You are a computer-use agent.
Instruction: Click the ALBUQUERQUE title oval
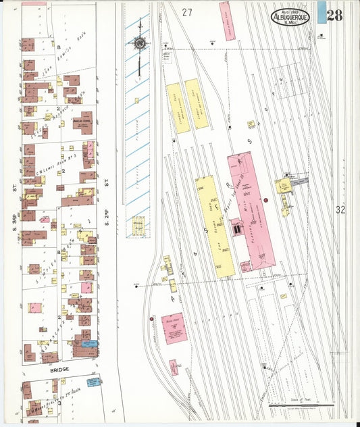click(x=290, y=17)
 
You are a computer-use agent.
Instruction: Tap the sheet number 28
click(x=334, y=14)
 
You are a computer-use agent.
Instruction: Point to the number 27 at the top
click(x=187, y=12)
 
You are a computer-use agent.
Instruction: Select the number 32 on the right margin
click(x=340, y=210)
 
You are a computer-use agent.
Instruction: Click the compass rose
click(x=140, y=44)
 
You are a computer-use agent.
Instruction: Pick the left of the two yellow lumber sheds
click(x=174, y=108)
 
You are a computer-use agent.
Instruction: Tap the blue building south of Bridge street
click(x=93, y=382)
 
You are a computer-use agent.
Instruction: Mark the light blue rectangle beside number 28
click(x=322, y=12)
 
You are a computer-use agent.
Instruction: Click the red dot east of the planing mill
click(x=266, y=201)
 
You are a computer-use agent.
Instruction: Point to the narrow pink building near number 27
click(x=228, y=20)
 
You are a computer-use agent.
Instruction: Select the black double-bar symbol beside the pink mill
click(x=237, y=230)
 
